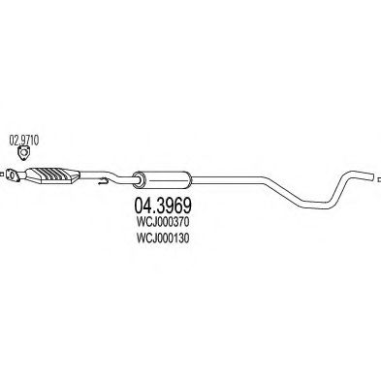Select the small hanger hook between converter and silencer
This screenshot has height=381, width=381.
[99, 179]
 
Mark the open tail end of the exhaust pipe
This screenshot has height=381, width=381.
[372, 174]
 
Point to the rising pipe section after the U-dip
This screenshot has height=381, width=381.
[345, 183]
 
